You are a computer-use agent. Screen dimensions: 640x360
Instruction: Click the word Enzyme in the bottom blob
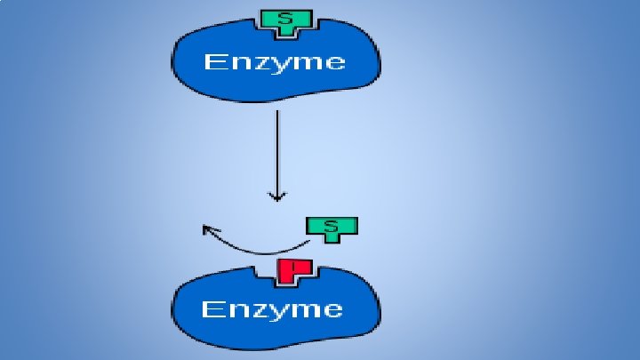click(x=271, y=309)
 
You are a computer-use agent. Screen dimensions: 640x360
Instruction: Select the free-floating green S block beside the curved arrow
click(x=332, y=228)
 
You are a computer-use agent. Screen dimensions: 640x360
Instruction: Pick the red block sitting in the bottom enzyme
click(x=291, y=270)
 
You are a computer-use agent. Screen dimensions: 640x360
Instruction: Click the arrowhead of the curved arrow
click(x=209, y=230)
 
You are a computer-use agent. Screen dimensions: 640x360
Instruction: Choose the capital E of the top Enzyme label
click(x=213, y=61)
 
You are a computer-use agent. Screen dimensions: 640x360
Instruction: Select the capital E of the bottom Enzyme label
click(x=211, y=308)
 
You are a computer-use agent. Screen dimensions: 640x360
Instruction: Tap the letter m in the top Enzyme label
click(x=307, y=63)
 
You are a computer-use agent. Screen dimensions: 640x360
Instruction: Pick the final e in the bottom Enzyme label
click(x=332, y=310)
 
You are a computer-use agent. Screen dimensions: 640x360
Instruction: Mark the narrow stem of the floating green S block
click(x=332, y=236)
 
